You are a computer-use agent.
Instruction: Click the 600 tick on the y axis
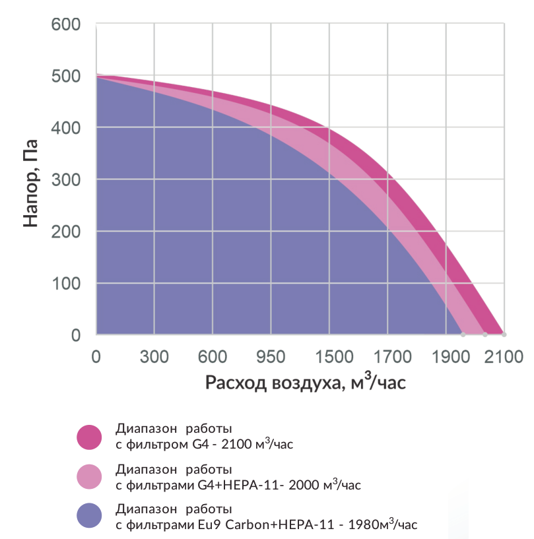click(65, 24)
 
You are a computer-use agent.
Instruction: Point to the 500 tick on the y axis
click(65, 77)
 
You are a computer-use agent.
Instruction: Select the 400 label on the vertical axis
click(65, 128)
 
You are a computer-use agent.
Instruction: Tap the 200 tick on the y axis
click(65, 232)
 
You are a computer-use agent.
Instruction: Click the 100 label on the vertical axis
click(67, 284)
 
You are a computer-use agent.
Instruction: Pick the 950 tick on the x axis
click(271, 357)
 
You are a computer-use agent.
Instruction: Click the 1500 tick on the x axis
click(334, 357)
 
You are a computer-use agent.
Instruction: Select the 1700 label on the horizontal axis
click(393, 357)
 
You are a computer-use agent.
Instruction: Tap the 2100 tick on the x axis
click(504, 357)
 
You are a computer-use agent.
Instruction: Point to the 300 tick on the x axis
click(154, 357)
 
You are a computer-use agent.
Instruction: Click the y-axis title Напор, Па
click(30, 183)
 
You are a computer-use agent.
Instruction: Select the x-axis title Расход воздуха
click(274, 382)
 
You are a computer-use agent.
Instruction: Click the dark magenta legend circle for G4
click(89, 437)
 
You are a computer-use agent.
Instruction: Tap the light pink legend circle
click(89, 477)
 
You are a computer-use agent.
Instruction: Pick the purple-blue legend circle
click(89, 516)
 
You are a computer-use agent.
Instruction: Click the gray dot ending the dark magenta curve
click(504, 334)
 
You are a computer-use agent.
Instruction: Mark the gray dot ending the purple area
click(463, 334)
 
